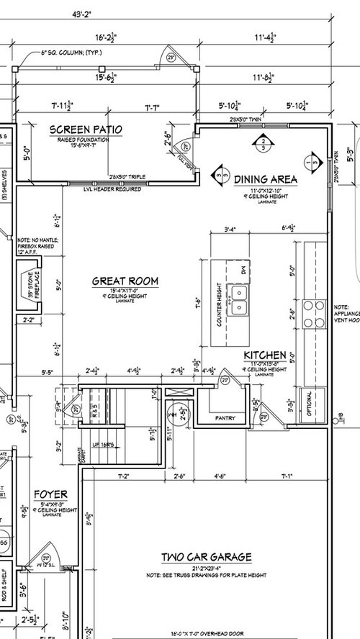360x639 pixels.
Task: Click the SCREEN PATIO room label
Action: (86, 130)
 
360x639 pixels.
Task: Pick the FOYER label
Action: (50, 494)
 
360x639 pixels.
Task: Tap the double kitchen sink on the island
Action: (238, 302)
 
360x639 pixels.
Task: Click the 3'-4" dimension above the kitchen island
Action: (230, 230)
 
